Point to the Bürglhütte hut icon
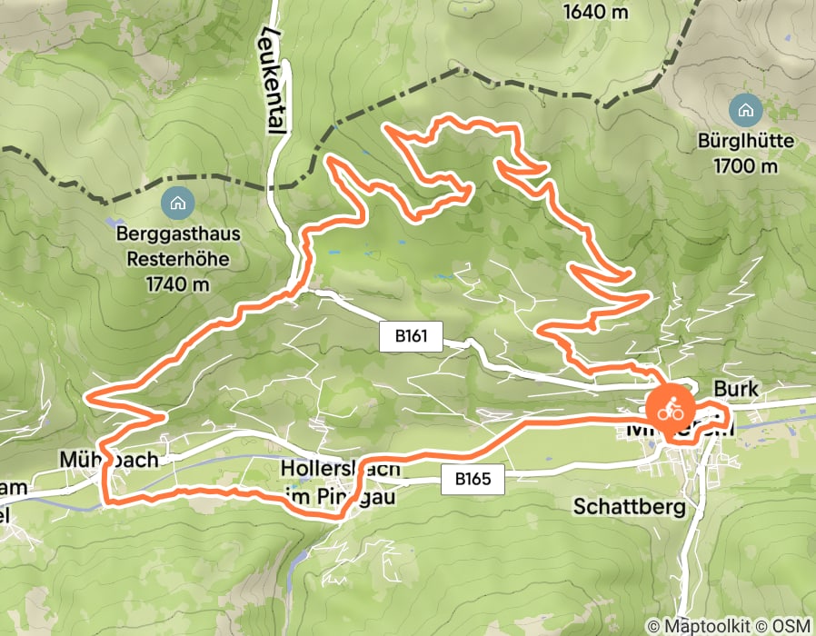[746, 111]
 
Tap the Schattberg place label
[630, 508]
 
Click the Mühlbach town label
[106, 459]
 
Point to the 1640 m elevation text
[596, 13]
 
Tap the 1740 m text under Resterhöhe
[178, 283]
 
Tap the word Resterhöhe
[178, 259]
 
